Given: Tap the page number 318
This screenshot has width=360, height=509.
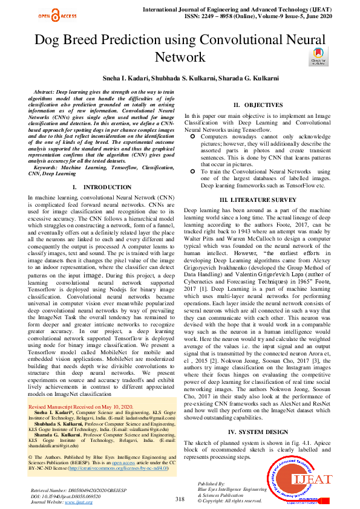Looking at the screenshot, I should click(x=180, y=499).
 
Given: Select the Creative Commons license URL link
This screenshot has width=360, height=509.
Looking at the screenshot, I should click(x=118, y=467).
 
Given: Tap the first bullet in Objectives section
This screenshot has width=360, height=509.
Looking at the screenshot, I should click(x=195, y=137).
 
